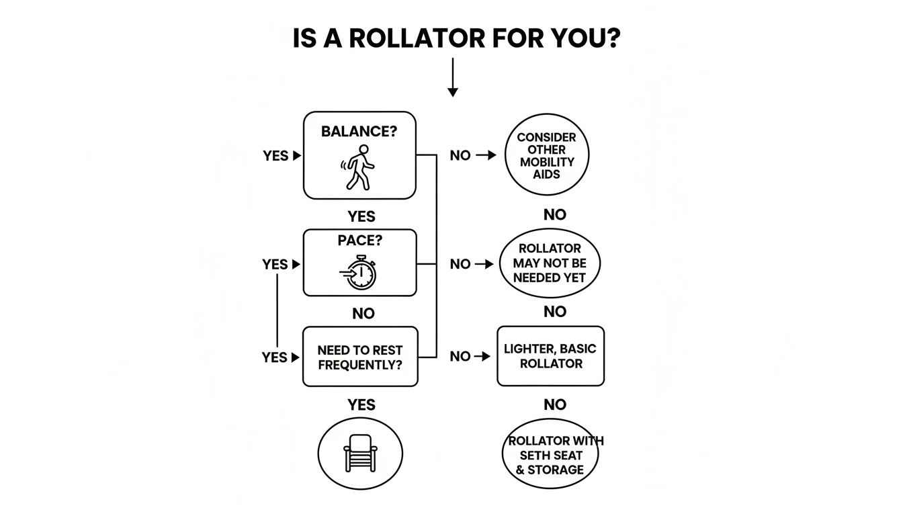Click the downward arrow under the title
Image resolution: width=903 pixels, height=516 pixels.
pyautogui.click(x=452, y=77)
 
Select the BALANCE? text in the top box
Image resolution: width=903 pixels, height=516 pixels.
pyautogui.click(x=359, y=132)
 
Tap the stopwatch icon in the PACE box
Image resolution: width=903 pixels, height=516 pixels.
pyautogui.click(x=359, y=273)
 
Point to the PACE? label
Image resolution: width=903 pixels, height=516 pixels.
pyautogui.click(x=359, y=240)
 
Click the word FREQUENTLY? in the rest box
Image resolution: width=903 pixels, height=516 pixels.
pyautogui.click(x=360, y=365)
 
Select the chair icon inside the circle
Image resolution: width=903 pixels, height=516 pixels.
pyautogui.click(x=360, y=452)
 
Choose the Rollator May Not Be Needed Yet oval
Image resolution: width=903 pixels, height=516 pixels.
pyautogui.click(x=550, y=263)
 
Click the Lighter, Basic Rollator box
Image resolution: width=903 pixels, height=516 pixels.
pyautogui.click(x=550, y=356)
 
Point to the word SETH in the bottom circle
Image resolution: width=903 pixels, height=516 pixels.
pyautogui.click(x=527, y=455)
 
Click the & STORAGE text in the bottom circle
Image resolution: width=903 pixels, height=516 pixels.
pyautogui.click(x=550, y=469)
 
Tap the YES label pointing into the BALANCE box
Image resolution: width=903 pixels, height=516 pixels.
pyautogui.click(x=275, y=156)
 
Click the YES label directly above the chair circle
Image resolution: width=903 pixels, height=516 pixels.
pyautogui.click(x=361, y=404)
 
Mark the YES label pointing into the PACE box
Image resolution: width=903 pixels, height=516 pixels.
pyautogui.click(x=275, y=265)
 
